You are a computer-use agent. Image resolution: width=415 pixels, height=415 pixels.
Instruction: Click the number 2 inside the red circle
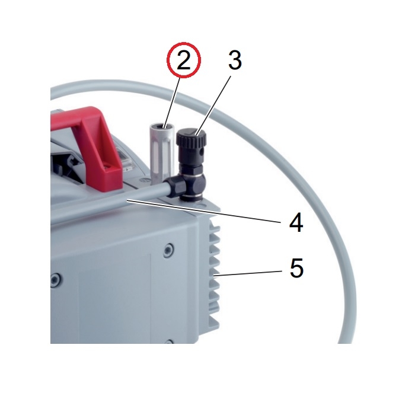183,60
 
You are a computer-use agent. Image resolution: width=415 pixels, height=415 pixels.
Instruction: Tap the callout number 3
235,60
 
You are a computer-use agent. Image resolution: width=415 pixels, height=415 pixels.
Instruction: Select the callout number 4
296,222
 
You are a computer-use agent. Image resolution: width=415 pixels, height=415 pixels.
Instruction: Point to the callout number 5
296,268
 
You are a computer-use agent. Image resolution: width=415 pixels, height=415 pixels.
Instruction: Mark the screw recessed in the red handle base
106,167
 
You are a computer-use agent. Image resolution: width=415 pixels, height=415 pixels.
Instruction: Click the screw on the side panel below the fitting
168,250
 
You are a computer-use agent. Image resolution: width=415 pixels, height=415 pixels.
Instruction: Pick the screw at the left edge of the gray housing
55,279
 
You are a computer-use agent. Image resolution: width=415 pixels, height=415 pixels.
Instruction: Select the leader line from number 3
213,105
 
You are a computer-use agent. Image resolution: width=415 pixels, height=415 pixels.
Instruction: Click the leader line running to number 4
203,212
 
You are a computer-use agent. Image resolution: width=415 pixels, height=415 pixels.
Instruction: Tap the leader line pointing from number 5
249,274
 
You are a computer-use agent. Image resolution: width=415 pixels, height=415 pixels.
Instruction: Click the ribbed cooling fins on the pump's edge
214,273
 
